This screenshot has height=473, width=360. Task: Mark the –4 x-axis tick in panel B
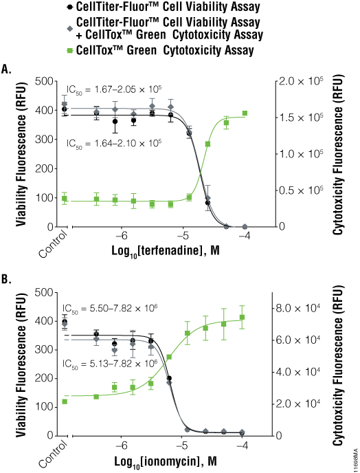coord(242,446)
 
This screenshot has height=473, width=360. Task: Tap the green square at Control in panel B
coord(65,401)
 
